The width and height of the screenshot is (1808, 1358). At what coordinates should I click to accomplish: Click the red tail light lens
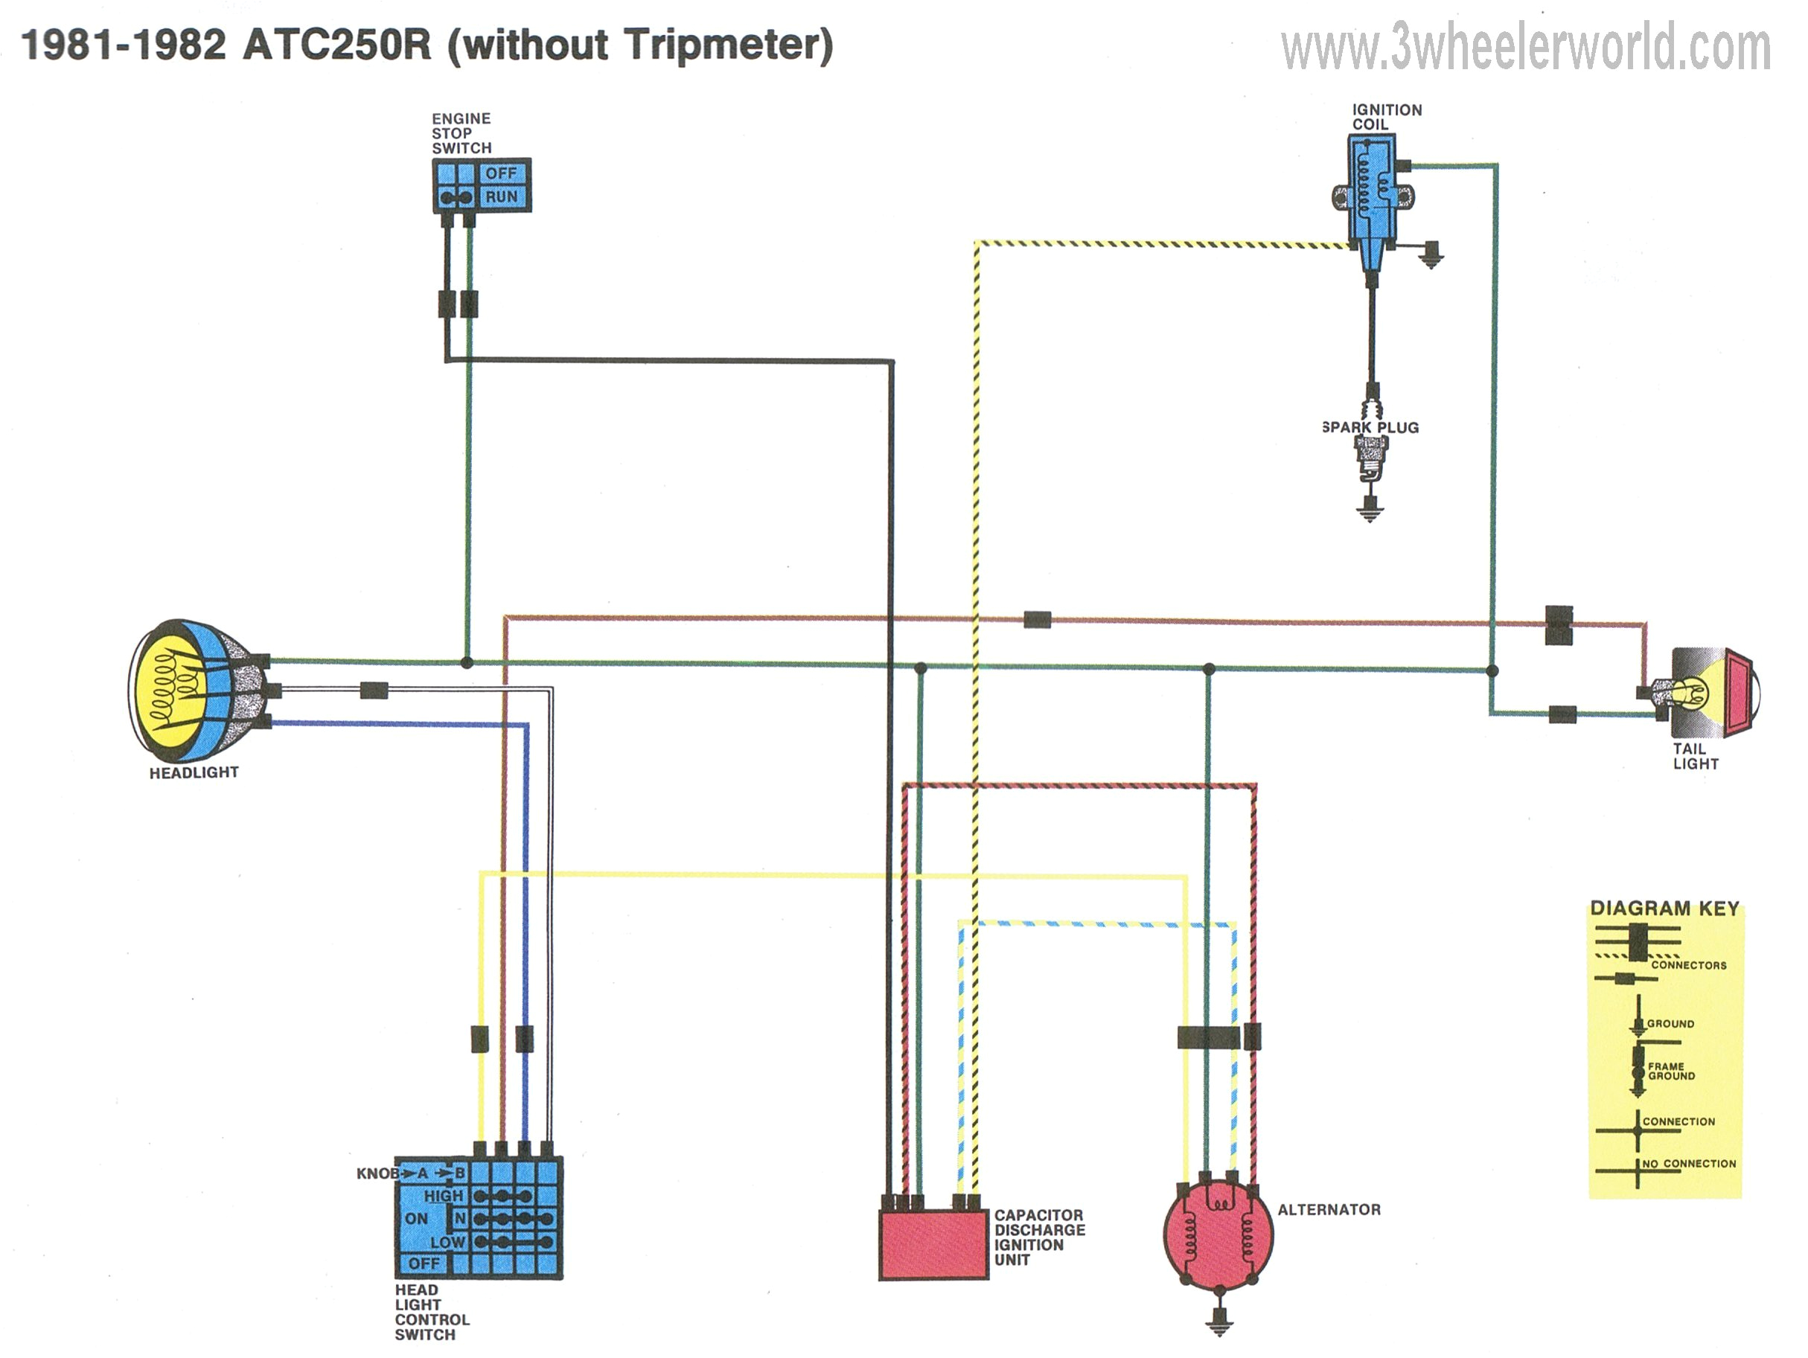[x=1740, y=691]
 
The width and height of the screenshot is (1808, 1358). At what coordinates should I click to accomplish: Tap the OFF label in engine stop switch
[x=501, y=173]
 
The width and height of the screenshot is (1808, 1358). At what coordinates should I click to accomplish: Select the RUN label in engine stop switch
[x=501, y=197]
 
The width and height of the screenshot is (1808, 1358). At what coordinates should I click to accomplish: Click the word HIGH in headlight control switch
[x=443, y=1195]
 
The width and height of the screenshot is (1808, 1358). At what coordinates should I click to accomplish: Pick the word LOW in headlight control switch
[x=447, y=1242]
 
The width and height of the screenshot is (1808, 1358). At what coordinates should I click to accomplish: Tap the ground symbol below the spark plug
[x=1370, y=512]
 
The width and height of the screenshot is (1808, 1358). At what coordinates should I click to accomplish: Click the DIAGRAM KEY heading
[x=1664, y=909]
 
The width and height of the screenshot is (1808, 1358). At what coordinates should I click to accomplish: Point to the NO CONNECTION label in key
[x=1689, y=1164]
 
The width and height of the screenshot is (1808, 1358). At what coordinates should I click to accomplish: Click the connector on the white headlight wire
[x=374, y=691]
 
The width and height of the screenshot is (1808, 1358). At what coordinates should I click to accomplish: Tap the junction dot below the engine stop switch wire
[x=467, y=662]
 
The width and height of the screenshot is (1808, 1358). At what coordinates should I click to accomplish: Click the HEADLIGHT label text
[x=194, y=772]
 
